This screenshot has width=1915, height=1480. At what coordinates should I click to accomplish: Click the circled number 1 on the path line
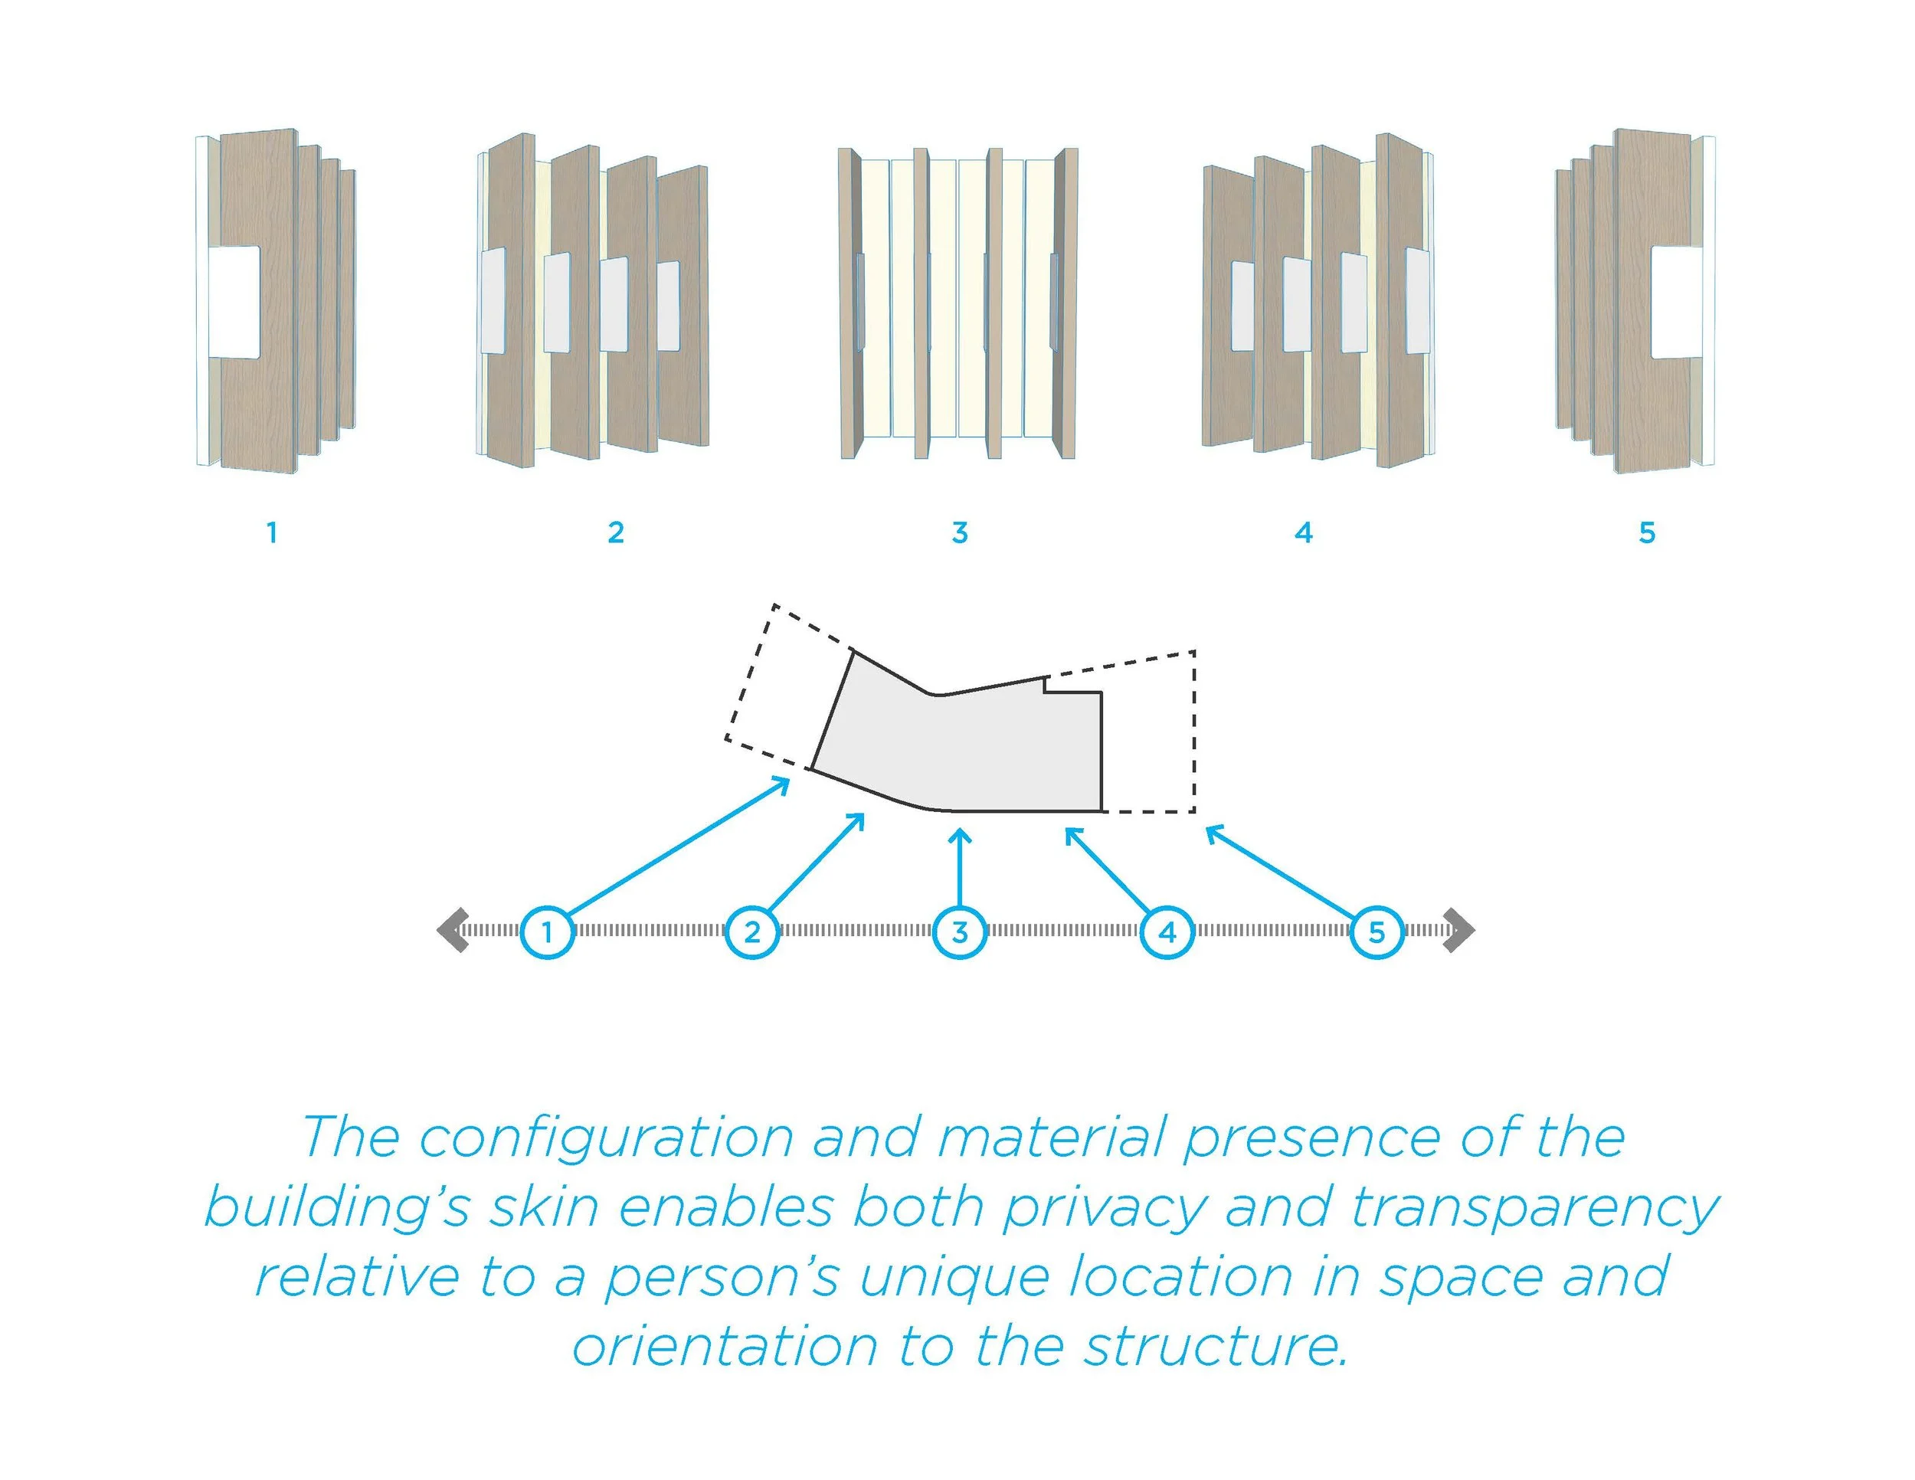click(547, 932)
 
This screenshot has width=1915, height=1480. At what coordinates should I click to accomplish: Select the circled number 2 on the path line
click(752, 932)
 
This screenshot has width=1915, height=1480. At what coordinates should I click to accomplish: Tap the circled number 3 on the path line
click(960, 932)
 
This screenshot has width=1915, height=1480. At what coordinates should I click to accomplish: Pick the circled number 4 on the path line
click(1167, 932)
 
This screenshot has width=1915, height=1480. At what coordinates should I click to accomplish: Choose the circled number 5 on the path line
click(1377, 932)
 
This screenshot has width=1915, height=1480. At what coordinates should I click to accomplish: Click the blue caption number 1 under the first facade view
click(272, 532)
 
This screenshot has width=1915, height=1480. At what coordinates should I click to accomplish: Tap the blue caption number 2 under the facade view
click(616, 532)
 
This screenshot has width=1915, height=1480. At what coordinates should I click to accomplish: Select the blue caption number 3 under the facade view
click(959, 532)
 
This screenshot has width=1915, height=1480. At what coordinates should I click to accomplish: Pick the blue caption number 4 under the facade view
click(1303, 532)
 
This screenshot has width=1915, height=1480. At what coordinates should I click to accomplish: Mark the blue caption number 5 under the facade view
click(1647, 532)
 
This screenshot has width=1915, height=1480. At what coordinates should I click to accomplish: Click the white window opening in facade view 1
click(234, 303)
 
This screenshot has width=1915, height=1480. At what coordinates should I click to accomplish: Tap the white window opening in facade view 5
click(1677, 303)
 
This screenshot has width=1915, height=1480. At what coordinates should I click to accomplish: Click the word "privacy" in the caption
click(1104, 1208)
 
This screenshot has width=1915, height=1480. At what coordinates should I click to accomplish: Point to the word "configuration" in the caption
click(607, 1139)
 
